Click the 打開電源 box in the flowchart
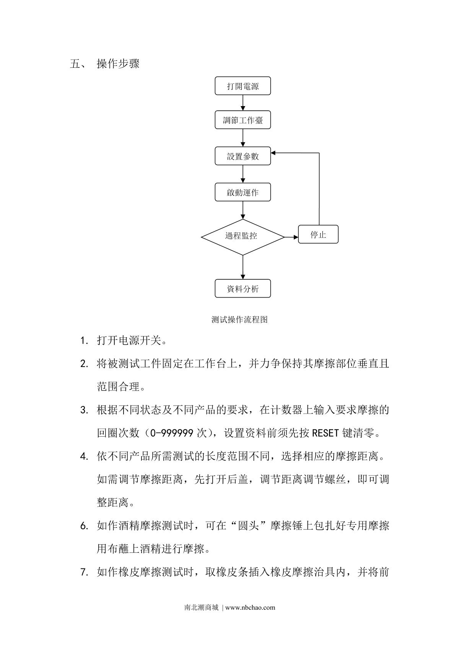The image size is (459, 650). [x=243, y=86]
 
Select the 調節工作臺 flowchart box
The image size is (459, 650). [x=243, y=120]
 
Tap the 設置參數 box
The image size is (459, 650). [x=243, y=156]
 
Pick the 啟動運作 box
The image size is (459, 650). [x=243, y=192]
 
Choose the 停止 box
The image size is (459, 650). [x=318, y=234]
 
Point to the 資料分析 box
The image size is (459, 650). [x=243, y=289]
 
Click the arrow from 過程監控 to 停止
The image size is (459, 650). [x=291, y=237]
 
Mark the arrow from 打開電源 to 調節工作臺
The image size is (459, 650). [x=243, y=103]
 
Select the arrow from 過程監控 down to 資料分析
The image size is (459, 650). [x=243, y=267]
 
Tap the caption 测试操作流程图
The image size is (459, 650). [x=239, y=320]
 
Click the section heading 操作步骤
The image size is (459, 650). [x=118, y=64]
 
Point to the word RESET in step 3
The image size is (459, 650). [x=326, y=433]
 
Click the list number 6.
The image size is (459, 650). [x=84, y=526]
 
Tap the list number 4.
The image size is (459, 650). [x=84, y=457]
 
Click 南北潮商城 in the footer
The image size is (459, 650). [x=201, y=607]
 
